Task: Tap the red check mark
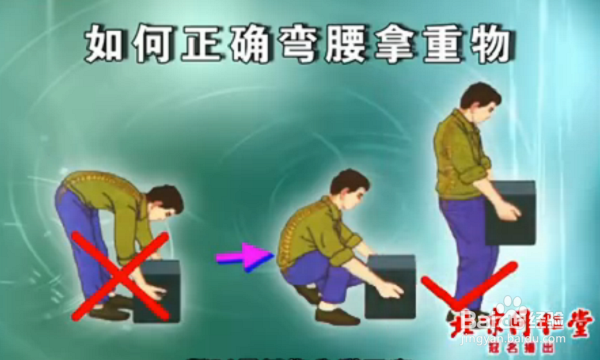462,289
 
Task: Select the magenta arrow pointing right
244,257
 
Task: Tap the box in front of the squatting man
389,285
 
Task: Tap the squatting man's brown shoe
337,316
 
